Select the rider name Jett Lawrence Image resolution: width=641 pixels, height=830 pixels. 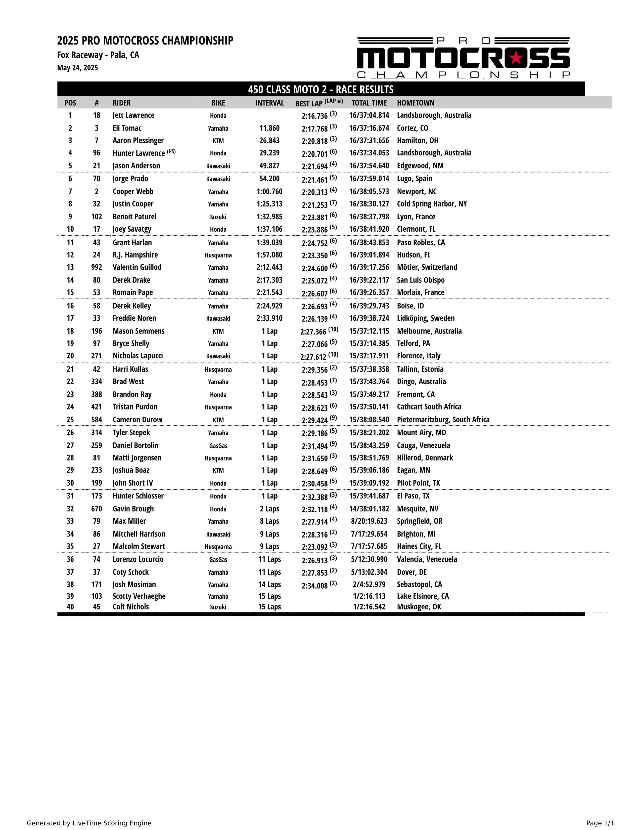click(x=133, y=115)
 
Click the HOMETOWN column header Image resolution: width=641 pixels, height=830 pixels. click(x=416, y=103)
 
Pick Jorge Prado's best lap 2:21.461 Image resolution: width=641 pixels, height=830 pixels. click(x=314, y=179)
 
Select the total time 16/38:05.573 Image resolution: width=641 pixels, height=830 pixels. click(x=369, y=192)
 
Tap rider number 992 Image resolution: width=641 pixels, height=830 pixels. click(x=97, y=267)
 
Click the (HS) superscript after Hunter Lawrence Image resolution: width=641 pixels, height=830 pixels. click(x=171, y=151)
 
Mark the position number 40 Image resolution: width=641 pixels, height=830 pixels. click(x=70, y=607)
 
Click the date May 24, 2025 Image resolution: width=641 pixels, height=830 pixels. click(x=77, y=68)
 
